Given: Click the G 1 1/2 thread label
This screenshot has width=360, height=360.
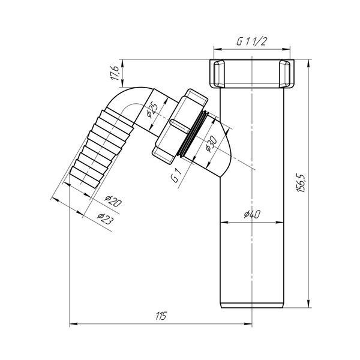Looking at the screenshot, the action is click(251, 42).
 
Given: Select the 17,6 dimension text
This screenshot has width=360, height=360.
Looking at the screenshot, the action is click(115, 73).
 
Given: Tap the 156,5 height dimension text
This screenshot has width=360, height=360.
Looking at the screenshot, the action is click(301, 183).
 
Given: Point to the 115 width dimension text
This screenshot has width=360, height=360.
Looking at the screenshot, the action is click(161, 316).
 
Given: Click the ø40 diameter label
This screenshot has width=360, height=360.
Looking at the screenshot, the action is click(252, 214).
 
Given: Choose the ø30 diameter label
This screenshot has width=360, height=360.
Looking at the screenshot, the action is click(211, 144).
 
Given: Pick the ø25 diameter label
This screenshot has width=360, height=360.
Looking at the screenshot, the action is click(152, 109).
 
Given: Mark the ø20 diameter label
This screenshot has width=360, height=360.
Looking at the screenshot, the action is click(113, 202).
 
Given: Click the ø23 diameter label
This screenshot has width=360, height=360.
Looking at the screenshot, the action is click(105, 219).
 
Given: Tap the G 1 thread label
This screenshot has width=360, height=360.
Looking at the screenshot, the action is click(176, 175).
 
